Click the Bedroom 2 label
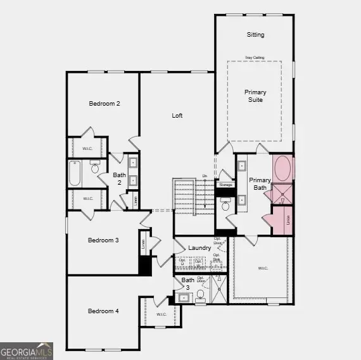coord(104,104)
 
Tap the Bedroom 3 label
coord(103,240)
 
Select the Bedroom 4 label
coord(103,311)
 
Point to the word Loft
coord(178,116)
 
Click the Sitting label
coord(255,35)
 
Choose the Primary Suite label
coord(255,96)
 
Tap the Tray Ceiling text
coord(255,58)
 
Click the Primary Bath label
coord(260,183)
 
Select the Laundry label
coord(199,248)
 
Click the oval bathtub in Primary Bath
coord(282,170)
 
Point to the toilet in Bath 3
coord(202,294)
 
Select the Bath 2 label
coord(119,178)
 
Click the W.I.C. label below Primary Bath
coord(263,268)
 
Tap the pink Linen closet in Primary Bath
coord(279,221)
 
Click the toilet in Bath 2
coord(96,168)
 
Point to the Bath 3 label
coord(188,283)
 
